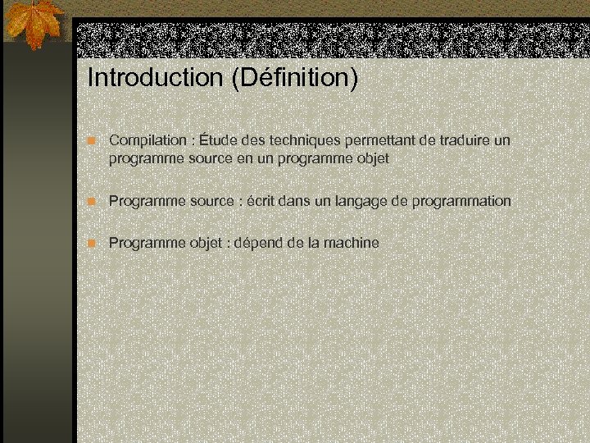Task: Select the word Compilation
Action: [147, 140]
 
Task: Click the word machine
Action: [351, 243]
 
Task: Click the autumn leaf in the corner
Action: [35, 25]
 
